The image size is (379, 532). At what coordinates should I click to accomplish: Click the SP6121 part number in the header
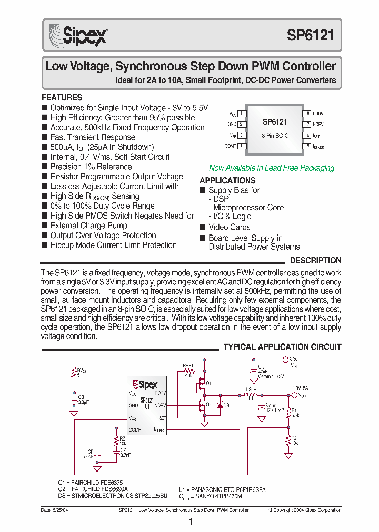pyautogui.click(x=311, y=35)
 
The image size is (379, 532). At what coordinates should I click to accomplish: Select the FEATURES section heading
pyautogui.click(x=62, y=97)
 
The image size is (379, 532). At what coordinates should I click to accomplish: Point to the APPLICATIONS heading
pyautogui.click(x=227, y=180)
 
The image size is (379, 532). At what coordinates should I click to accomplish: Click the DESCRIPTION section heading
pyautogui.click(x=315, y=260)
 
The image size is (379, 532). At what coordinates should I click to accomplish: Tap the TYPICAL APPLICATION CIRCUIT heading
pyautogui.click(x=282, y=347)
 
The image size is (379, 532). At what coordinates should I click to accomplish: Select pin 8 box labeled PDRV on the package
pyautogui.click(x=307, y=114)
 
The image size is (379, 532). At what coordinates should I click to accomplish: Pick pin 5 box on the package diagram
pyautogui.click(x=307, y=146)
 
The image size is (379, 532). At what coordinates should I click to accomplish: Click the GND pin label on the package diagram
pyautogui.click(x=232, y=125)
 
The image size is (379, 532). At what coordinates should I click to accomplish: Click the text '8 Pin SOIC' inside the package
pyautogui.click(x=275, y=136)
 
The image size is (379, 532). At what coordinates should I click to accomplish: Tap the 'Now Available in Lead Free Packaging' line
pyautogui.click(x=272, y=168)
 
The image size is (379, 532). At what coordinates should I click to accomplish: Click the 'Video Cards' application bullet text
pyautogui.click(x=230, y=227)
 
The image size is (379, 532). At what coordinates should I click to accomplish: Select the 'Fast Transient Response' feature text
pyautogui.click(x=93, y=137)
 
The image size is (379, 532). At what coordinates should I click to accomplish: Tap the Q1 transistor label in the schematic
pyautogui.click(x=208, y=383)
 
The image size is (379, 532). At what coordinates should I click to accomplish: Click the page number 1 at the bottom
pyautogui.click(x=191, y=521)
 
